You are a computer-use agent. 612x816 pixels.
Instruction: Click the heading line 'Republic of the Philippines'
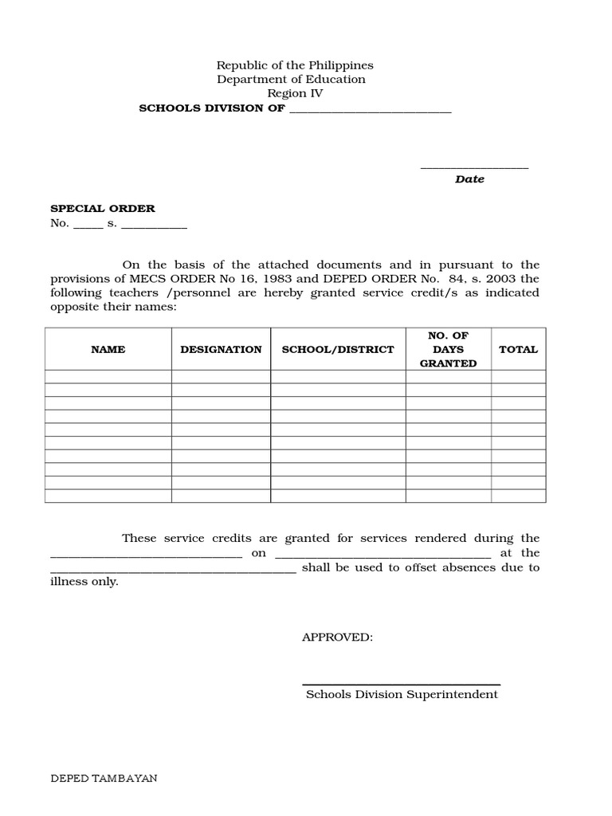(295, 65)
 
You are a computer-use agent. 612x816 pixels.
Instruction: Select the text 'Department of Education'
(292, 80)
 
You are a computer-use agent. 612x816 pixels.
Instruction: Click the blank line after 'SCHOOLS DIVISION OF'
(370, 110)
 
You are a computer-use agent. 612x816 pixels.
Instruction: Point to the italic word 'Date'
(469, 179)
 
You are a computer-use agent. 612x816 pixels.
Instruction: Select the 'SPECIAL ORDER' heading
(103, 209)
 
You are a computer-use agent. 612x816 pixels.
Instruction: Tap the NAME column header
(108, 349)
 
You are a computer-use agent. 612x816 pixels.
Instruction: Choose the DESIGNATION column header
(221, 349)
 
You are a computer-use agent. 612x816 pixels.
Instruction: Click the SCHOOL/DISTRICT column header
(338, 349)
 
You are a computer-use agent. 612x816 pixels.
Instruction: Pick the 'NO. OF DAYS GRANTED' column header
(448, 349)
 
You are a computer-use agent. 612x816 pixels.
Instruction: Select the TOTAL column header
(518, 349)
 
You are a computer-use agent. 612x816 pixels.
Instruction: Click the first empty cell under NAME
(108, 377)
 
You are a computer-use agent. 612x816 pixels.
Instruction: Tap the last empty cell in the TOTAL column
(518, 496)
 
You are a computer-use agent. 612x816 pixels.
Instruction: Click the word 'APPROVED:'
(337, 637)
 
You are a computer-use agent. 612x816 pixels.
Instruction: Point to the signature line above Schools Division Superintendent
(401, 684)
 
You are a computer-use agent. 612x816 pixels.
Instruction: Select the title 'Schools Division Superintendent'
(402, 694)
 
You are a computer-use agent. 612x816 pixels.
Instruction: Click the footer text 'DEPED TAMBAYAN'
(104, 779)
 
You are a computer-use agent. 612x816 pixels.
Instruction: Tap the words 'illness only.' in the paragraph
(84, 582)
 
